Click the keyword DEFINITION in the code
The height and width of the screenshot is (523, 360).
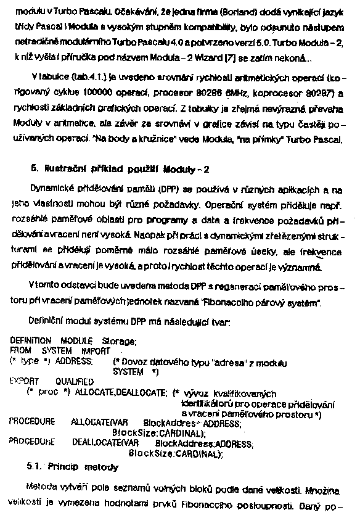pos(31,340)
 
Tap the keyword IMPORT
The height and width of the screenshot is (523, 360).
pos(96,350)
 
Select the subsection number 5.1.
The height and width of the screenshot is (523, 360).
pos(35,466)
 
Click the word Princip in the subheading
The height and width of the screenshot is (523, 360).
pos(63,466)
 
